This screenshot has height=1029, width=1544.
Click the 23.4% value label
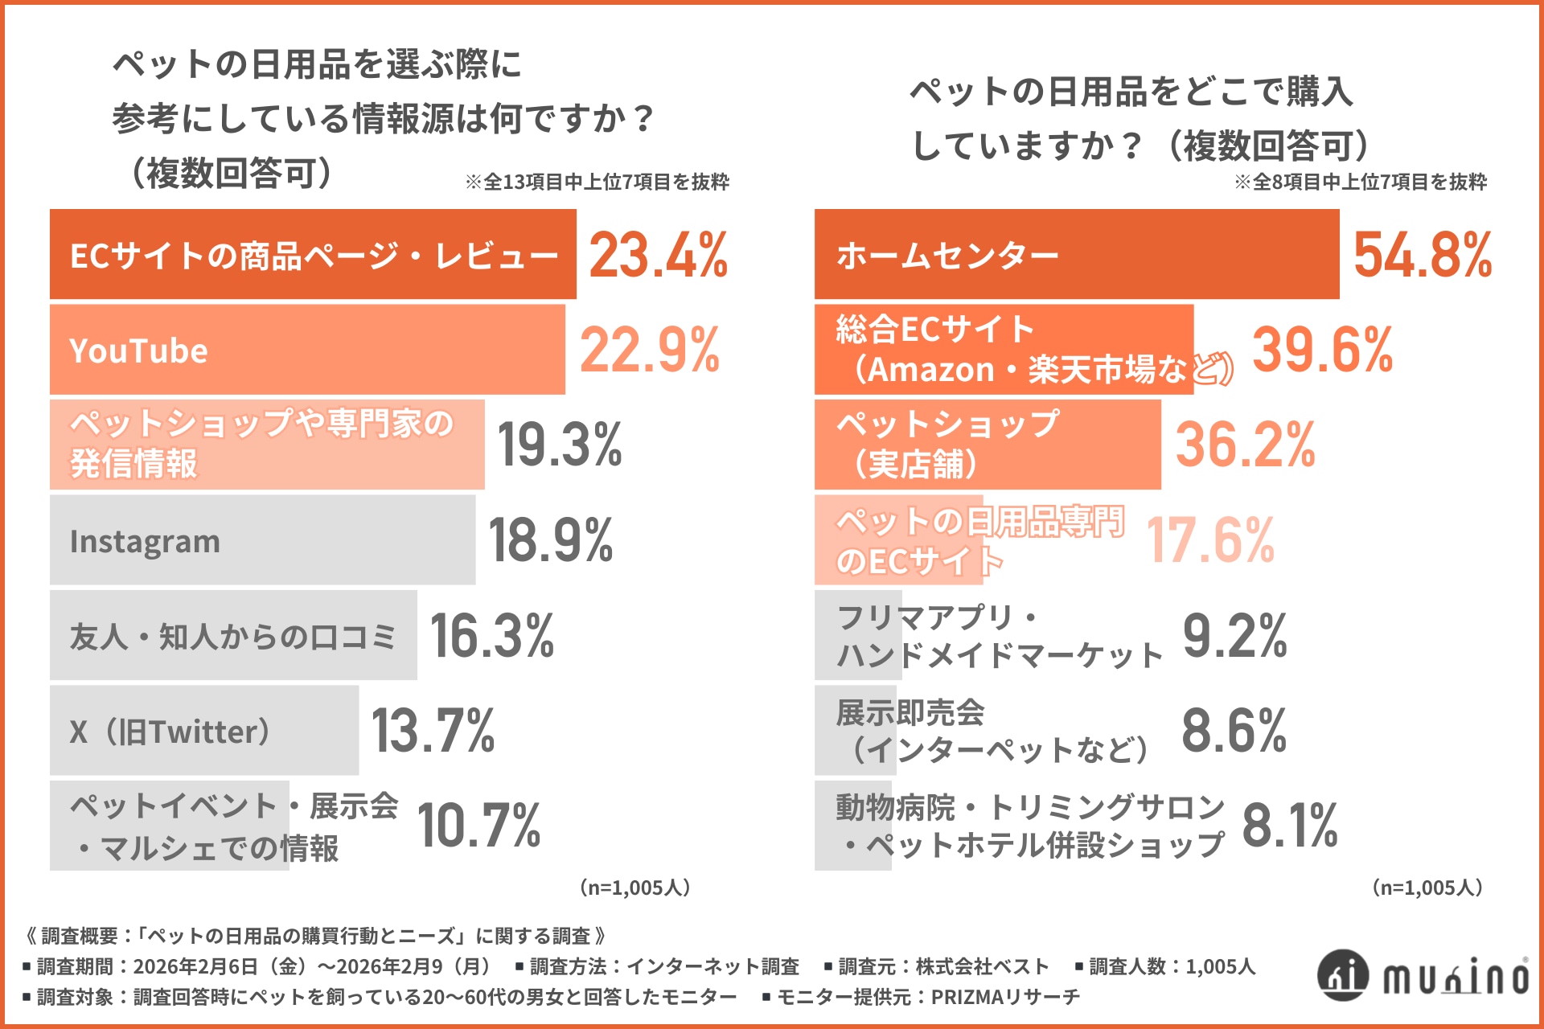click(658, 256)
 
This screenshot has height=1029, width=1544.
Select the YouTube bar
click(307, 350)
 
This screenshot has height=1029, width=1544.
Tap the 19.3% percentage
click(560, 445)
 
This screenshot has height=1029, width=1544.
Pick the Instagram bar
click(262, 540)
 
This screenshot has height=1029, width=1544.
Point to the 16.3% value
click(492, 636)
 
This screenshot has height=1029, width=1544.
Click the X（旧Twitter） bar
click(204, 731)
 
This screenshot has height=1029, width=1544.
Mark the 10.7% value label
click(479, 826)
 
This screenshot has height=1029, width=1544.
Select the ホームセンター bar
click(1076, 255)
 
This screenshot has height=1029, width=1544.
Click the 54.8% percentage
click(1423, 256)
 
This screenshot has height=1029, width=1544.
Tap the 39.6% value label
click(1323, 350)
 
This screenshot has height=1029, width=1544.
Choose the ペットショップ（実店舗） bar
click(988, 445)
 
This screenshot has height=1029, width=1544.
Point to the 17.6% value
click(1210, 540)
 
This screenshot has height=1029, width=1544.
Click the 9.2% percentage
click(1234, 636)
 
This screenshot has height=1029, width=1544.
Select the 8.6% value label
click(1234, 731)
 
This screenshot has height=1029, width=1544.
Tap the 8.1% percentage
click(1290, 826)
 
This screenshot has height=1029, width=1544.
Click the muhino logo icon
click(1342, 975)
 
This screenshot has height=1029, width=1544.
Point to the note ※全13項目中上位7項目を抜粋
click(597, 182)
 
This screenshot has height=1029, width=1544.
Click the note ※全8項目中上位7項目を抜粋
click(1361, 182)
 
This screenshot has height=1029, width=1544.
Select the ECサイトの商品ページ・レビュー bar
click(313, 255)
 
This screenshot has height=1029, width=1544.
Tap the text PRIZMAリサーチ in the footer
click(1005, 998)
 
